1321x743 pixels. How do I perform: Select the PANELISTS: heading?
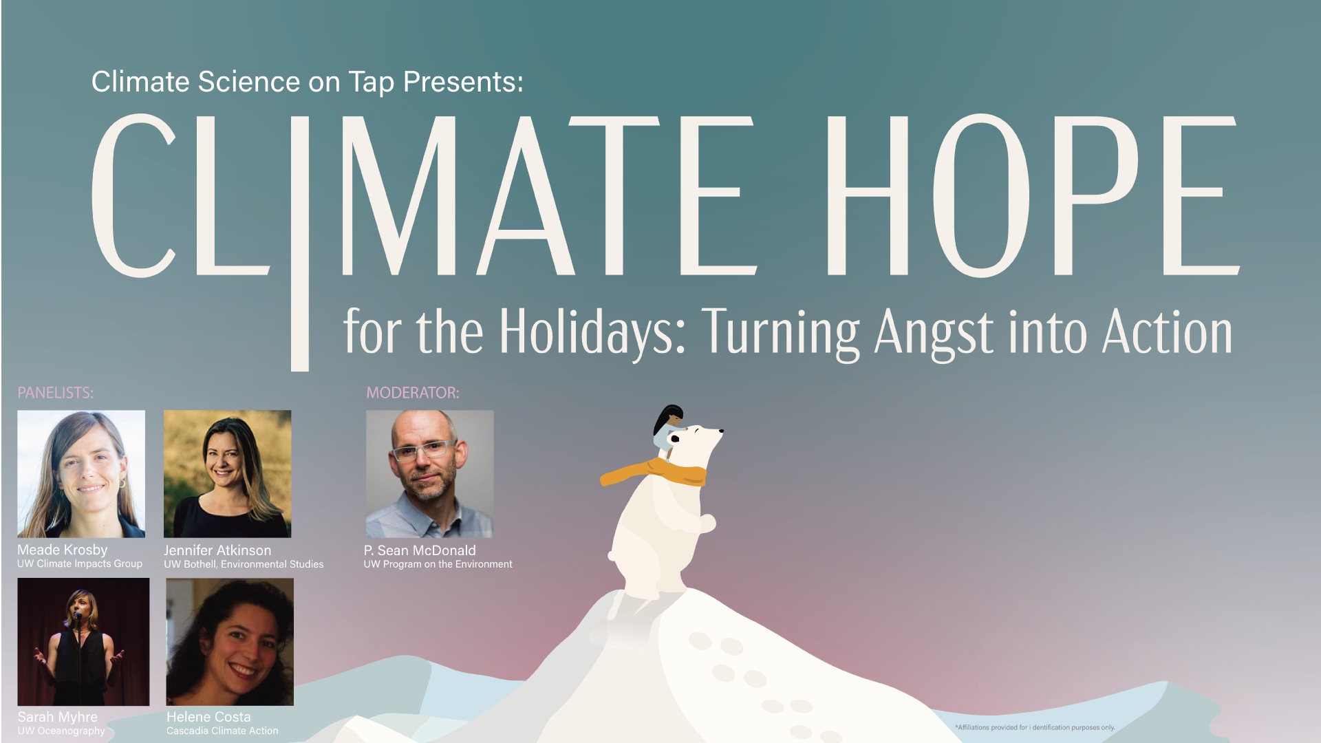click(x=55, y=393)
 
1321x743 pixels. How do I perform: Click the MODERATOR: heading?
click(x=412, y=393)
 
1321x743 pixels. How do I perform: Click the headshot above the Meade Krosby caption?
click(x=81, y=474)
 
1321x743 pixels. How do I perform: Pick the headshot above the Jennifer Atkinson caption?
click(x=227, y=474)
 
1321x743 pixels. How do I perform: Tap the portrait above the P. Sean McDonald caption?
click(x=429, y=474)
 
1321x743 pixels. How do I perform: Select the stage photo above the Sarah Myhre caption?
click(x=83, y=642)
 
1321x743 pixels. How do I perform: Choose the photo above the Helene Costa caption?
click(x=230, y=642)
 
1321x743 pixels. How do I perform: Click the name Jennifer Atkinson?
click(x=217, y=550)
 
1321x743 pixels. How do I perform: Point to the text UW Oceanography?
click(x=61, y=731)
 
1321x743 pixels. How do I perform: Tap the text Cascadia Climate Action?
click(x=222, y=731)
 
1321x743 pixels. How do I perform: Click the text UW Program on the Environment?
click(x=438, y=564)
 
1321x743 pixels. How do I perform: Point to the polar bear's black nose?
click(x=721, y=432)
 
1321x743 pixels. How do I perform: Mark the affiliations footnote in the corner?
click(x=1035, y=727)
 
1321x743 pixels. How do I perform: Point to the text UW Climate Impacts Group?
click(x=80, y=563)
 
